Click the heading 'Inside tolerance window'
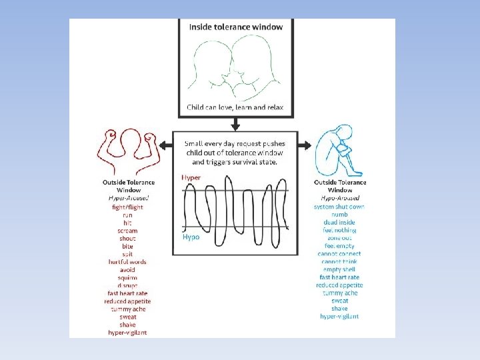(x=235, y=27)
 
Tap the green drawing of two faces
(x=235, y=66)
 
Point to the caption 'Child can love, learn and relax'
(x=235, y=107)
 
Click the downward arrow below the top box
(x=235, y=123)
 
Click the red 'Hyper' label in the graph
(x=191, y=178)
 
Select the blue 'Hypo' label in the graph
(x=191, y=237)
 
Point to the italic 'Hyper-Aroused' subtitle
(x=129, y=198)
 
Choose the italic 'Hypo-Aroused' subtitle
(x=339, y=198)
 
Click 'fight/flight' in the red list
(x=127, y=207)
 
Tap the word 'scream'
(x=127, y=231)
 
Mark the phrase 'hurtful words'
(x=127, y=262)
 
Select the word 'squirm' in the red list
(x=127, y=277)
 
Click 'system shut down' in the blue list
(x=339, y=207)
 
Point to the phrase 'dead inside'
(x=339, y=222)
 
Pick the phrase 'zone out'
(x=339, y=238)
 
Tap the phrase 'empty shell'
(x=339, y=269)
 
